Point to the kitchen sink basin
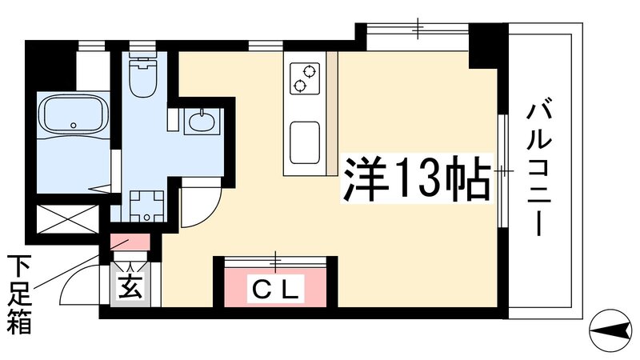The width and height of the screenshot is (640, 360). click(x=304, y=142)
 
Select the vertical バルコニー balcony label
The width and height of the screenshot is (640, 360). click(x=536, y=168)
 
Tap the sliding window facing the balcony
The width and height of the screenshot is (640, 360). click(x=502, y=171)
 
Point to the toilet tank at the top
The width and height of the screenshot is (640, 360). click(x=144, y=59)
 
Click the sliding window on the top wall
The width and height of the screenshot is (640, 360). click(x=417, y=30)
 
